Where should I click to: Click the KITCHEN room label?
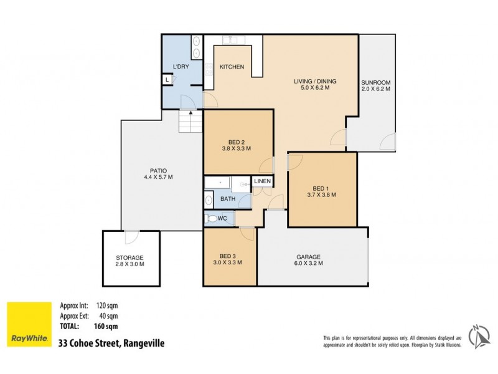pyautogui.click(x=232, y=67)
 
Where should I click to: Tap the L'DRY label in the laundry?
pyautogui.click(x=181, y=67)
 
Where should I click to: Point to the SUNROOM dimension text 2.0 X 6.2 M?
pyautogui.click(x=375, y=89)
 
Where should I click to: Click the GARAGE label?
pyautogui.click(x=308, y=256)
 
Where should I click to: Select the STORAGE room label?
pyautogui.click(x=129, y=257)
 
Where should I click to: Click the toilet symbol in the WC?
pyautogui.click(x=214, y=219)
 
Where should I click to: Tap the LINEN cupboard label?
pyautogui.click(x=262, y=181)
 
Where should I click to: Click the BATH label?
pyautogui.click(x=228, y=199)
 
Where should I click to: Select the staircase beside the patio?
pyautogui.click(x=190, y=122)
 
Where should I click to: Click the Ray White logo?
pyautogui.click(x=29, y=324)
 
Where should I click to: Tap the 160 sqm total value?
pyautogui.click(x=106, y=325)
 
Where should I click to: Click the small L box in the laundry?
pyautogui.click(x=167, y=80)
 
